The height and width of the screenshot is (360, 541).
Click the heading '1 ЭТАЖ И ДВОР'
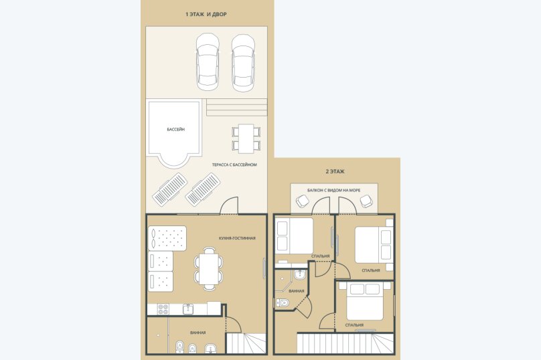point(206,15)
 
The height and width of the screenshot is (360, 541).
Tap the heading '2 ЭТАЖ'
point(335,171)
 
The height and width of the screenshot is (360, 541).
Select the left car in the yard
point(208,62)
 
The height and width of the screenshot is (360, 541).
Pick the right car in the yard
point(243,63)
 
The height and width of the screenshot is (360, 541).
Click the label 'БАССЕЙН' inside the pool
point(176,130)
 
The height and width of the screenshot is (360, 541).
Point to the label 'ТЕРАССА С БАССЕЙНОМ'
point(234,165)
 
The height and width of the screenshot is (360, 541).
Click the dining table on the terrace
point(246,139)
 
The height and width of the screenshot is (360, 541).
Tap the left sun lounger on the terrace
point(170,189)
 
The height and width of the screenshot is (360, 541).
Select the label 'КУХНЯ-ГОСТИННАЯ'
point(237,238)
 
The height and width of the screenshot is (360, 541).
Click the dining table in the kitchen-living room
point(209,269)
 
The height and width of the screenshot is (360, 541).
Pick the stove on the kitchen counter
point(163,309)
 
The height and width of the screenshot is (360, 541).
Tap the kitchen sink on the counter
point(188,309)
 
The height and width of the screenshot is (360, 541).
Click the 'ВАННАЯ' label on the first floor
point(198,333)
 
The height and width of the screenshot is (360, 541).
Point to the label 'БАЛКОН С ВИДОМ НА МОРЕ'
point(334,190)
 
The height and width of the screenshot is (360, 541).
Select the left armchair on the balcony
point(303,201)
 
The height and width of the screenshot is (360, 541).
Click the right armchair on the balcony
point(366,201)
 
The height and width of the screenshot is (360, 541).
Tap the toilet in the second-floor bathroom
point(283,302)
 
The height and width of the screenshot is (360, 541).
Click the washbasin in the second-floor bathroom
point(299,275)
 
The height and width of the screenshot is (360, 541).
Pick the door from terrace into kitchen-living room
point(229,206)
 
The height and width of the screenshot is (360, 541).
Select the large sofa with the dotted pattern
point(167,238)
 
